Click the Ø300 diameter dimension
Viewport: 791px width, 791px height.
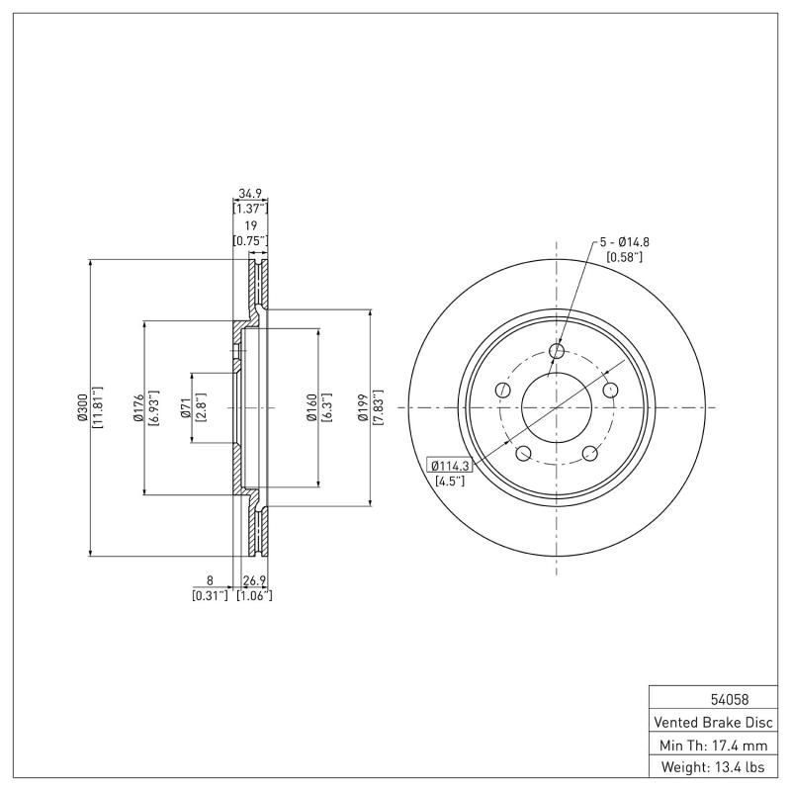tap(82, 406)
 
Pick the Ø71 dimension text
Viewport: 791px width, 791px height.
tap(185, 406)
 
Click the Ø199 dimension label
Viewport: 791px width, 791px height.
tap(364, 406)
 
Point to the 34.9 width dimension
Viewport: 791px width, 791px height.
tap(250, 195)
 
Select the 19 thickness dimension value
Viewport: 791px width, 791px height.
tap(250, 226)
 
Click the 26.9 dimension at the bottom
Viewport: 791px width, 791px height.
tap(254, 581)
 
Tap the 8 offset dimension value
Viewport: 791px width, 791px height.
tap(210, 581)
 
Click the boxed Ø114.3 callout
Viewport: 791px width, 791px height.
tap(449, 465)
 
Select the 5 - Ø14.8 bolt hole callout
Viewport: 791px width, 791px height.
tap(624, 241)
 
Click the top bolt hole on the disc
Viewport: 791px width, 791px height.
tap(556, 351)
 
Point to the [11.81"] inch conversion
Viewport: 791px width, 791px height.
tap(97, 406)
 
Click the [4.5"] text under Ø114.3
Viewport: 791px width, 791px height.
tap(451, 482)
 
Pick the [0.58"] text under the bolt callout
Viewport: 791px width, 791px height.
tap(624, 257)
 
